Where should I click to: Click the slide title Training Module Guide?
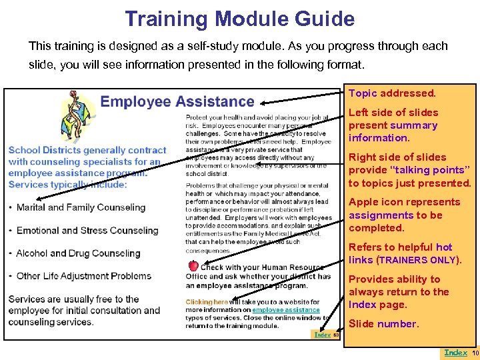pos(239,19)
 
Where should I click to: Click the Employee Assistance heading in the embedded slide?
pos(177,102)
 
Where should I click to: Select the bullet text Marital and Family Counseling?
pos(81,207)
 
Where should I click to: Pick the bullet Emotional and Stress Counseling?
pos(87,231)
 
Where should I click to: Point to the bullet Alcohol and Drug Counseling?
pos(78,253)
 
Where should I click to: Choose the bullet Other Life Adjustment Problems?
pos(84,276)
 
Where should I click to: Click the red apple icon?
pos(193,265)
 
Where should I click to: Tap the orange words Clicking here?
pos(207,302)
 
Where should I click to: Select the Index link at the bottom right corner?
pos(455,353)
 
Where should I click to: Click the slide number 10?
pos(475,353)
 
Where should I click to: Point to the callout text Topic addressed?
pos(392,94)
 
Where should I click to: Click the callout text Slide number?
pos(383,324)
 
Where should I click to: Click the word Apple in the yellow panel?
pos(363,202)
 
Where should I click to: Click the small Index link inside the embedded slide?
pos(323,334)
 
